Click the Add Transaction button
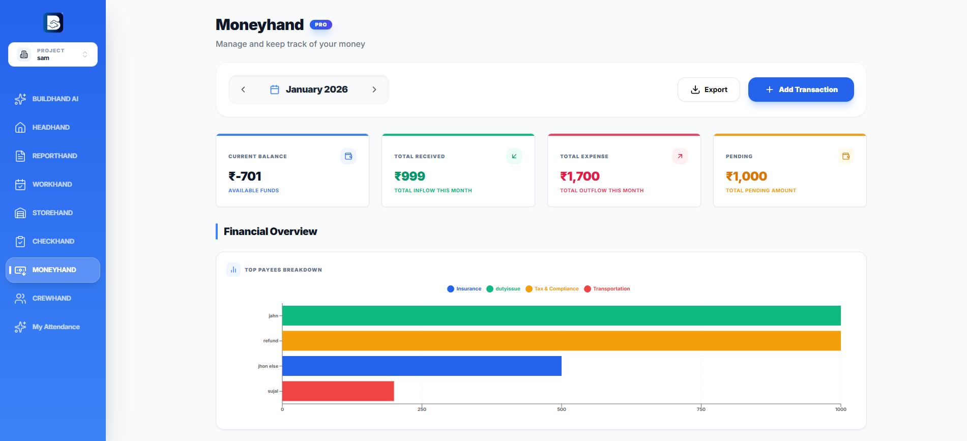[801, 90]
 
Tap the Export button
[709, 90]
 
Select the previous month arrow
[243, 90]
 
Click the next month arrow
[374, 90]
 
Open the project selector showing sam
[53, 54]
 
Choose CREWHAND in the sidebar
[52, 298]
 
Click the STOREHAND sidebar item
[52, 213]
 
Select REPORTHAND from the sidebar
[54, 156]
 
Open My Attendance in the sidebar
[56, 327]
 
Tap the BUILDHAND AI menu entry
[55, 99]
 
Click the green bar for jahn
[561, 315]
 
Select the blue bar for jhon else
[422, 366]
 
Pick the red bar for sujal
[338, 391]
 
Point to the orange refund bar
[561, 341]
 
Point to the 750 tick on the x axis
[701, 409]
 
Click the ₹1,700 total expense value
[580, 177]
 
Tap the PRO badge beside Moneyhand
[320, 24]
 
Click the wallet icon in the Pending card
[845, 156]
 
